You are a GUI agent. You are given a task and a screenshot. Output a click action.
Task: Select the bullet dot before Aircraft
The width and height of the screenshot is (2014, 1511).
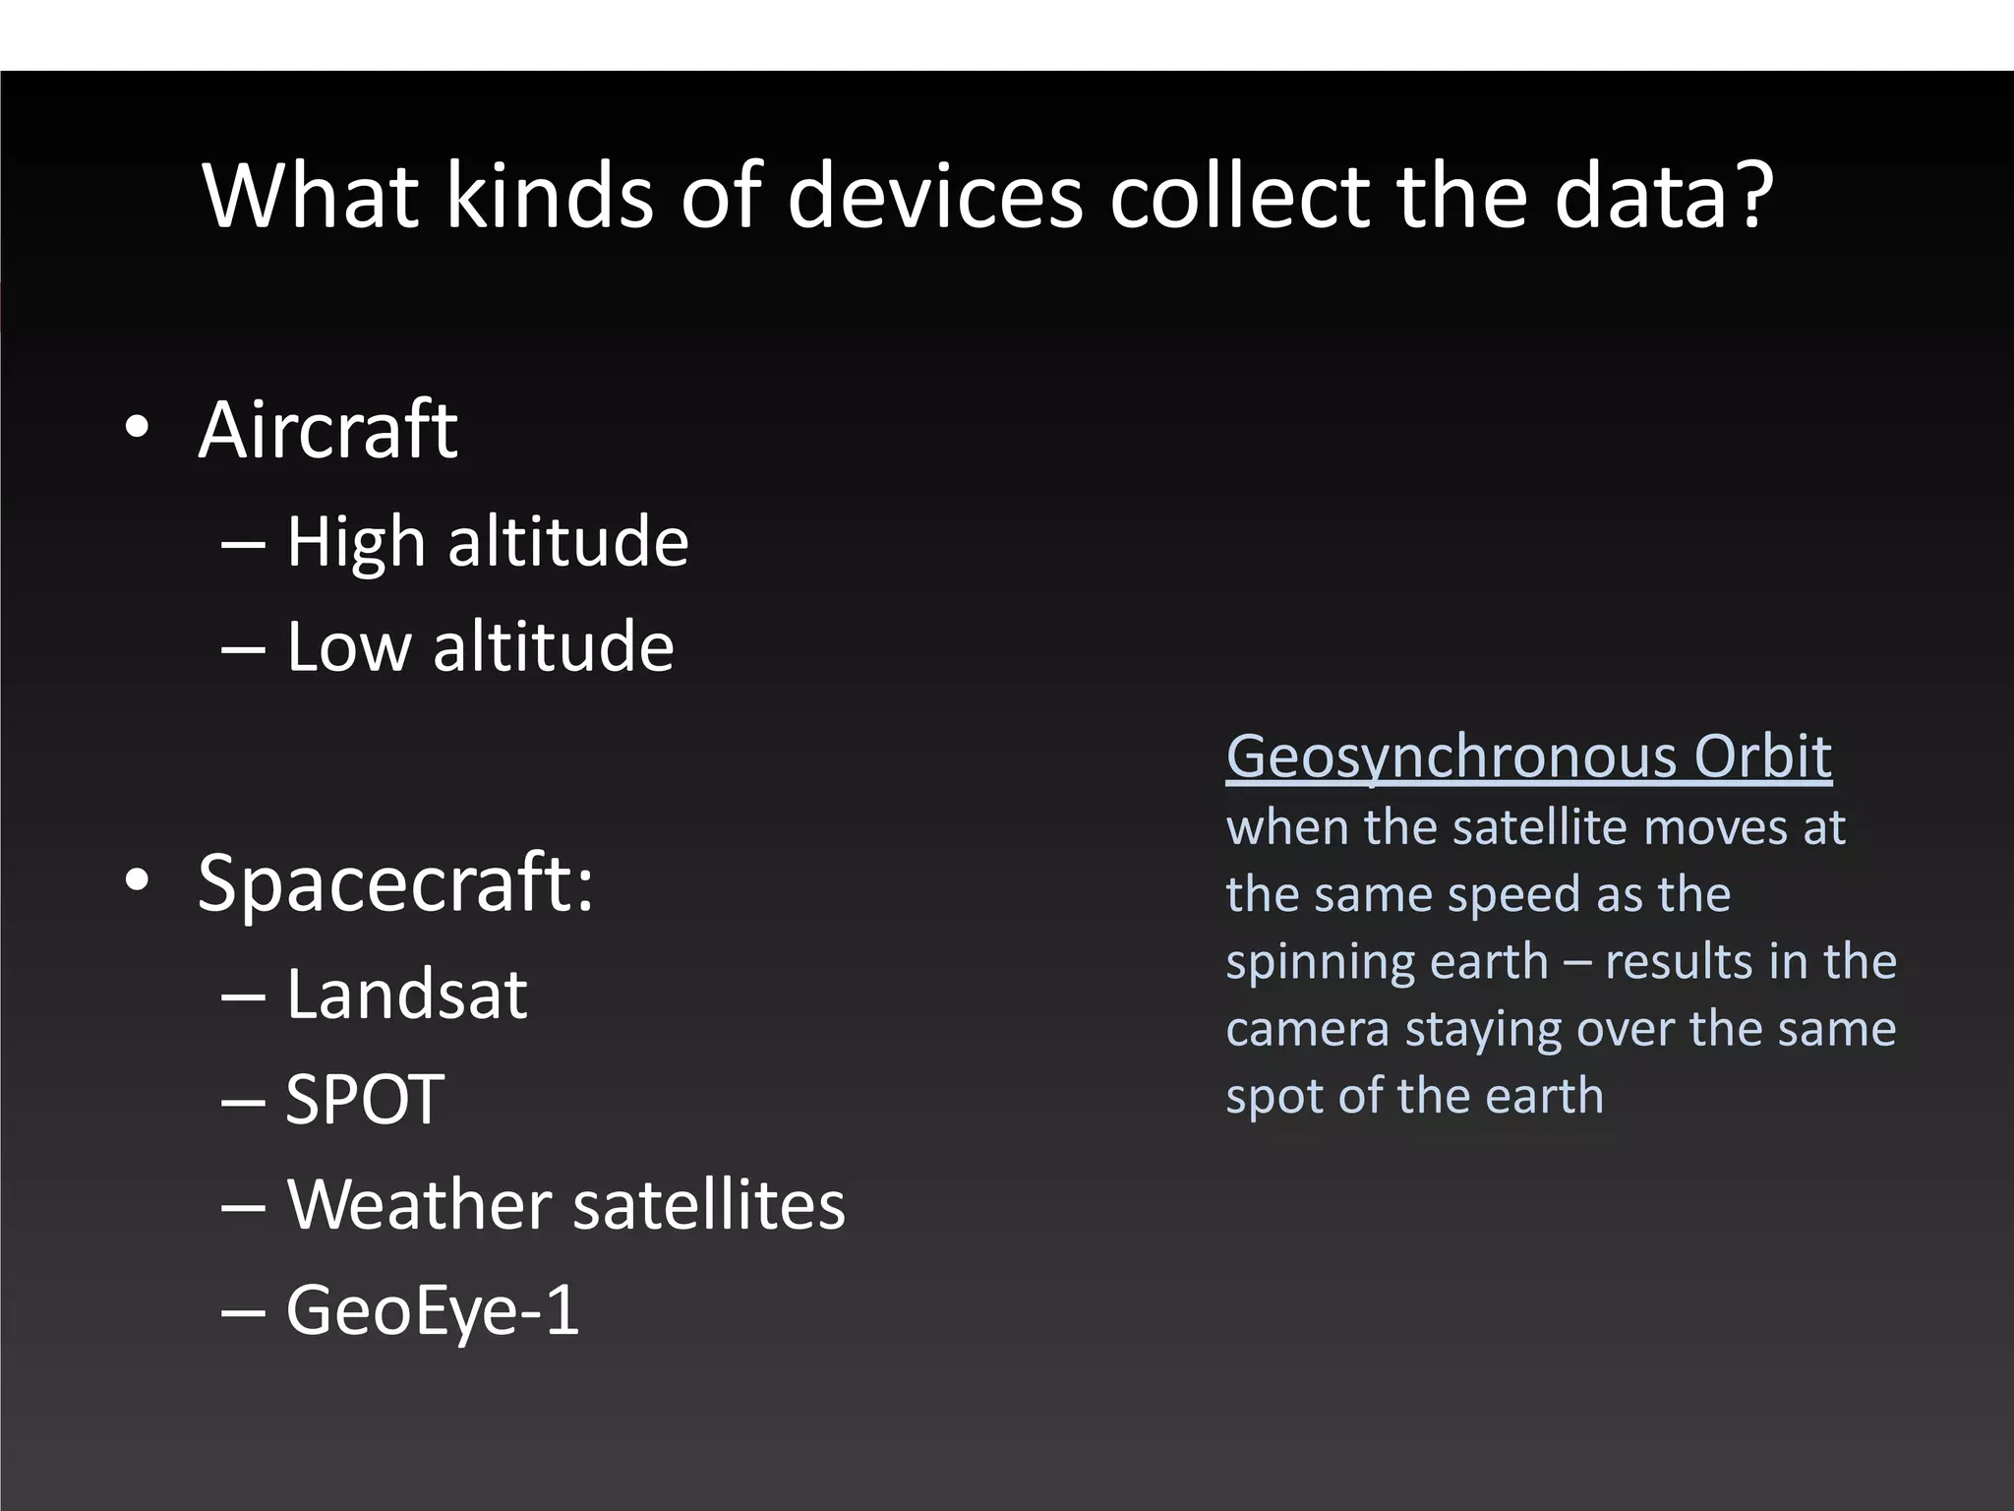tap(137, 428)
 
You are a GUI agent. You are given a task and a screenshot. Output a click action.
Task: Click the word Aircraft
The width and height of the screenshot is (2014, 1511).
tap(327, 430)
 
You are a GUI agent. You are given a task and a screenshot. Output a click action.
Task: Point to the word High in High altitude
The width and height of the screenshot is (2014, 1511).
tap(355, 543)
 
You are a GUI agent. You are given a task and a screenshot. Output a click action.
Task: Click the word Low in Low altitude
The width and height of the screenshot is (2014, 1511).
tap(348, 647)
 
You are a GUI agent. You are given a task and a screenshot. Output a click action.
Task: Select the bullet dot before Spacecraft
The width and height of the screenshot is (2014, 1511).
tap(137, 880)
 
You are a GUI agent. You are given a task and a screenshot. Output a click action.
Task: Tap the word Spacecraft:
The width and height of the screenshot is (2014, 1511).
tap(395, 883)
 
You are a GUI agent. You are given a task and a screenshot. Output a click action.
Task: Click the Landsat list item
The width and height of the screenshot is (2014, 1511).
tap(406, 995)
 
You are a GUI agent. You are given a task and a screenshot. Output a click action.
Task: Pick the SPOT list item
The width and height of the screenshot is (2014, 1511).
tap(364, 1099)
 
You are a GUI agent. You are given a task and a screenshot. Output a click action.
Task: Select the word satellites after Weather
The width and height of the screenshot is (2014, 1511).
tap(708, 1204)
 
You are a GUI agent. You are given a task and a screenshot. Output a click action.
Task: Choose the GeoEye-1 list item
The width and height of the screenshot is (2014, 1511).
tap(433, 1310)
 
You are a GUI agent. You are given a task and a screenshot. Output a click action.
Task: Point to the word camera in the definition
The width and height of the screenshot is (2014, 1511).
tap(1307, 1029)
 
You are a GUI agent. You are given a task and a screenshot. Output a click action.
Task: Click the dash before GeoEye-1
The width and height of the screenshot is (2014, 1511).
tap(243, 1312)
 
